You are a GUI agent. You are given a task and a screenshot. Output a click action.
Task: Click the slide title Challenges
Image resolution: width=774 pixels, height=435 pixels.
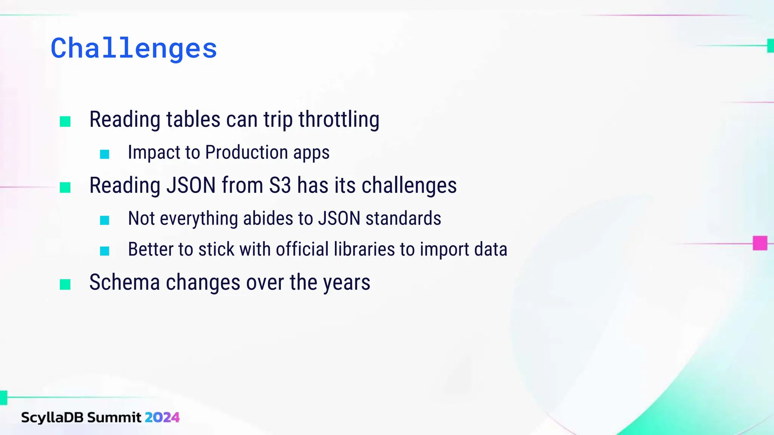(134, 48)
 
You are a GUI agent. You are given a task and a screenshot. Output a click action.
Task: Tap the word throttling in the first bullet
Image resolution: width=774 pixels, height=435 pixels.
(339, 120)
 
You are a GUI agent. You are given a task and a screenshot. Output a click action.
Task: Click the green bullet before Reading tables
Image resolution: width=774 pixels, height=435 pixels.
(65, 122)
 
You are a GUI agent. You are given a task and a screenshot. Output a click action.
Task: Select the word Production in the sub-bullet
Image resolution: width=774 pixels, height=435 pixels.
(246, 153)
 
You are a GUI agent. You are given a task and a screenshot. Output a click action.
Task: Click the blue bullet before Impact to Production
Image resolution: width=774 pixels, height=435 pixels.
(105, 154)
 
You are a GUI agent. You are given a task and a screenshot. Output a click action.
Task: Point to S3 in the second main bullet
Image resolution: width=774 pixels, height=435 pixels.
(280, 186)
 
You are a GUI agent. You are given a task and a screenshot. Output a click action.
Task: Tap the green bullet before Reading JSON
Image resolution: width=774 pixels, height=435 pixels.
(65, 188)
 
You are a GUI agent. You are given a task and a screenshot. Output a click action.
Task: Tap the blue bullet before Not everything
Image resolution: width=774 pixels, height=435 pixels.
(105, 220)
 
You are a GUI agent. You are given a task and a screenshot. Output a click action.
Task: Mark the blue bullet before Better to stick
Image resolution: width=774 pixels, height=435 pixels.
(105, 251)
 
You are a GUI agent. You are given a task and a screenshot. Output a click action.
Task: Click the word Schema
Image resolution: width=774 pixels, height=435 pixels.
(124, 282)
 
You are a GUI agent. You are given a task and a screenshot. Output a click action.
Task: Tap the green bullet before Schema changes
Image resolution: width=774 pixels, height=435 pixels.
(65, 285)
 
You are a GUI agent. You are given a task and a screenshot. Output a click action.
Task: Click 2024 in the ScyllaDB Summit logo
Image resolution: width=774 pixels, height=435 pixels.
(162, 418)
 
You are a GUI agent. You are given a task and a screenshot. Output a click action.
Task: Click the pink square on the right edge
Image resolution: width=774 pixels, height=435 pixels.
(760, 243)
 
